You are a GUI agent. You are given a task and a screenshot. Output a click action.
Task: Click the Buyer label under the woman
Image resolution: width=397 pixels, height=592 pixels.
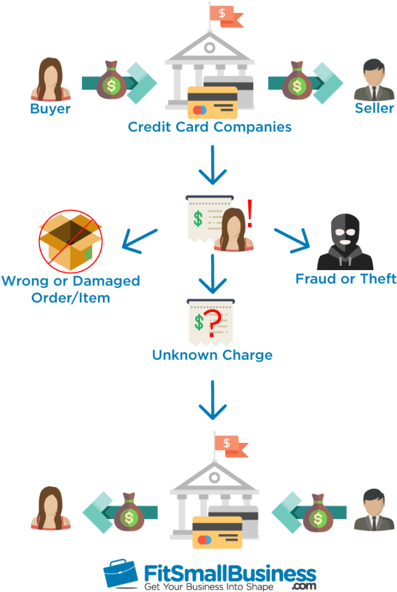tap(50, 109)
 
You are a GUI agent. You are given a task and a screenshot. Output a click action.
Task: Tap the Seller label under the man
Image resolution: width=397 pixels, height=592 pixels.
tap(374, 109)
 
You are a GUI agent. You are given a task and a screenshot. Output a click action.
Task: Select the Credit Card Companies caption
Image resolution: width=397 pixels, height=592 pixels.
tap(210, 127)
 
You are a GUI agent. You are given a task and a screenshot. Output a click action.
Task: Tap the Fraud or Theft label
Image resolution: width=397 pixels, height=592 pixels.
tap(345, 279)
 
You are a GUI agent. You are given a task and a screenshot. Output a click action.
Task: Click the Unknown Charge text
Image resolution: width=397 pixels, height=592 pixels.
tap(212, 356)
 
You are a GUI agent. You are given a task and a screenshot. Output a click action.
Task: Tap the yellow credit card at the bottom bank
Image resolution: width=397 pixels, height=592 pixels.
tap(218, 531)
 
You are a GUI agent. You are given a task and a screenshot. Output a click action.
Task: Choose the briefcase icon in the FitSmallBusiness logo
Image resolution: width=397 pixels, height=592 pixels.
tap(122, 574)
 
